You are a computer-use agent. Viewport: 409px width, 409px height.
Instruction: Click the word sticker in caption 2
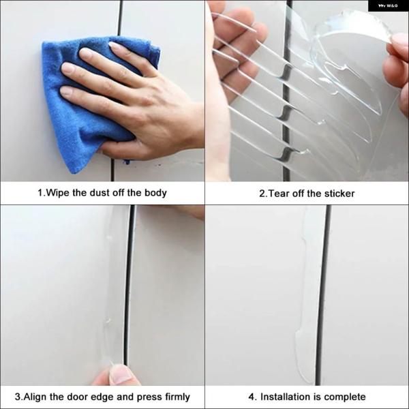tap(339, 194)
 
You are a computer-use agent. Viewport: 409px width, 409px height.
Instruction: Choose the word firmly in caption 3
tap(177, 397)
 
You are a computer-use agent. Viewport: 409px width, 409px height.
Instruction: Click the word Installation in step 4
tap(286, 397)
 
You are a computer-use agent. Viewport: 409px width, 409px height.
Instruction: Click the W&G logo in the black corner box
tap(388, 5)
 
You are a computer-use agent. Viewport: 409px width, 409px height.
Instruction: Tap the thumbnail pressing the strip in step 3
tap(121, 374)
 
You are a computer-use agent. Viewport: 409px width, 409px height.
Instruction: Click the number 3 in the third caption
tap(18, 397)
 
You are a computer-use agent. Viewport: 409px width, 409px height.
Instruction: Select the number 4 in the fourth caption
tap(251, 397)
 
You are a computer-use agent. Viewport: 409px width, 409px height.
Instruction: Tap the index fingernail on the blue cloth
tap(85, 53)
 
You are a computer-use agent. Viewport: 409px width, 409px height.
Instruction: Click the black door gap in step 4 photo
tap(323, 294)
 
